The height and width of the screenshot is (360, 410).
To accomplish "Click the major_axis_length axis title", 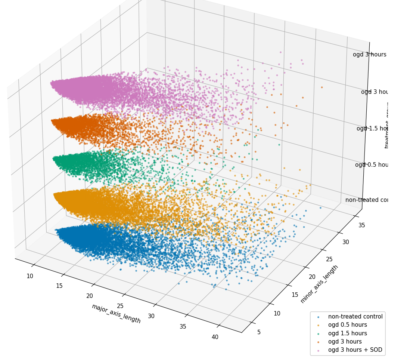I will (x=116, y=313).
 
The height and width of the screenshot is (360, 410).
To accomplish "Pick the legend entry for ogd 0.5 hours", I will (x=347, y=325).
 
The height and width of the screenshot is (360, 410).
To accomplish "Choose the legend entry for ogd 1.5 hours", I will (x=347, y=333).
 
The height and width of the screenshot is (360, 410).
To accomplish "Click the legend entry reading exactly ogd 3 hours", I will (x=345, y=342).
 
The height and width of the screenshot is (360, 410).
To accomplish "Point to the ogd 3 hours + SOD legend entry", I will (x=355, y=350).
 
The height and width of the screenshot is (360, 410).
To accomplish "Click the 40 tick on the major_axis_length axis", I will (x=215, y=337).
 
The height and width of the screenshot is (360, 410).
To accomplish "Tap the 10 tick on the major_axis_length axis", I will (x=30, y=276).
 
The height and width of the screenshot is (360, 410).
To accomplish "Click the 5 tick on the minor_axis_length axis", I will (x=259, y=332).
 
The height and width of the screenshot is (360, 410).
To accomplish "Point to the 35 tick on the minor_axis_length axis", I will (x=351, y=225).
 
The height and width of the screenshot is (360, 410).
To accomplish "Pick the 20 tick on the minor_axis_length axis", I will (x=312, y=277).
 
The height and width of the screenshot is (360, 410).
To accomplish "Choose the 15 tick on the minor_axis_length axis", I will (x=295, y=295).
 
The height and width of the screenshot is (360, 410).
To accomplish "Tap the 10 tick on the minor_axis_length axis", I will (x=277, y=313).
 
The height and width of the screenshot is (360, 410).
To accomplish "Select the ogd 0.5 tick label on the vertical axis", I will (x=371, y=165).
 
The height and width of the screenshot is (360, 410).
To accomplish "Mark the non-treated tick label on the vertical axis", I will (x=366, y=200).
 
